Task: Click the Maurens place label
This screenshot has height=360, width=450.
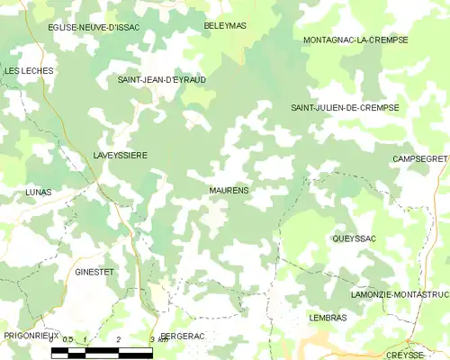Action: point(229,191)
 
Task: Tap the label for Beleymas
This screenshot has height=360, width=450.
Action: point(224,26)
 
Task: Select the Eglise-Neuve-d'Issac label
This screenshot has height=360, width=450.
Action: point(94,28)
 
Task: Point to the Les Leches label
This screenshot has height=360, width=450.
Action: point(29,70)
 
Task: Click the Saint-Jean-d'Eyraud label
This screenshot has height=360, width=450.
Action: point(162,80)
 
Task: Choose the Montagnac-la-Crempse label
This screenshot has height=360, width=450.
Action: point(355,40)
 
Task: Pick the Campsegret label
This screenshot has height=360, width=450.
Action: point(420,158)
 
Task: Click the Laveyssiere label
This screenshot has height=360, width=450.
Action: point(120,156)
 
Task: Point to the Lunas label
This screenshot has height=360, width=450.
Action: point(39,193)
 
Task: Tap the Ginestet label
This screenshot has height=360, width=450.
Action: point(94,271)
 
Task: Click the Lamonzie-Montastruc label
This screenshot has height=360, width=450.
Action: point(400,295)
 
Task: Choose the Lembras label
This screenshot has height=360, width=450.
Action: point(327,319)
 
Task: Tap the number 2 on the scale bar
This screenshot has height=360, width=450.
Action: point(119,339)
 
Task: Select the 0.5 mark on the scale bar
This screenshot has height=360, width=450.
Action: point(67,339)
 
